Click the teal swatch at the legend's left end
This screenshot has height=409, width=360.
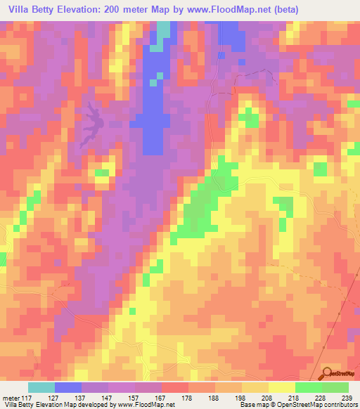(41, 387)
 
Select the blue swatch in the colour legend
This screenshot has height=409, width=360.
(68, 387)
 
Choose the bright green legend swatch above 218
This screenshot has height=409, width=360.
(309, 387)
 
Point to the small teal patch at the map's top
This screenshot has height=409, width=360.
(164, 30)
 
